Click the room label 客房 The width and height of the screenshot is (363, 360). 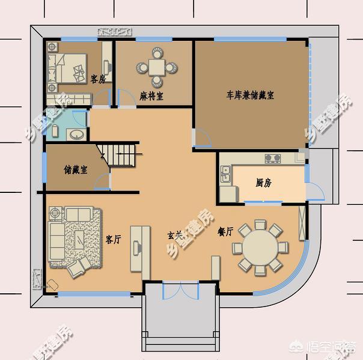[98, 79]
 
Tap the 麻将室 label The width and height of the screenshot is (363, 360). [151, 96]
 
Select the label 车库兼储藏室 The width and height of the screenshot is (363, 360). [250, 95]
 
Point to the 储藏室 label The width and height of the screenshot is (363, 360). [76, 169]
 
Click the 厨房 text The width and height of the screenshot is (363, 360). [263, 183]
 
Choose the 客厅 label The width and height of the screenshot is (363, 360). [114, 239]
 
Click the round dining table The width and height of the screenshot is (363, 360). [260, 246]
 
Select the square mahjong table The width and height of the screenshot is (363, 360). [157, 66]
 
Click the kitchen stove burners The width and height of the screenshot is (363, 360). [272, 159]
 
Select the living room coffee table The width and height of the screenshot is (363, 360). [79, 240]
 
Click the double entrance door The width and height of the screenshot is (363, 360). [180, 290]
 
